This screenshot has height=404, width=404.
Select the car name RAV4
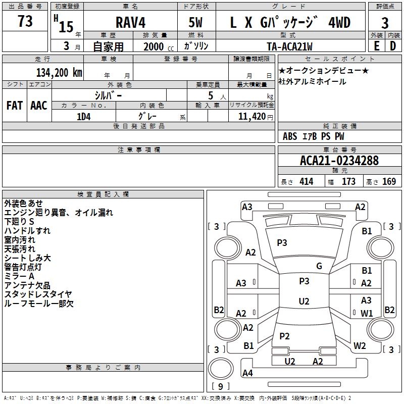coord(130,23)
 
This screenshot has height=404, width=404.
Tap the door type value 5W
coord(197,23)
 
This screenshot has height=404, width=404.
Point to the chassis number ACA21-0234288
coord(339,161)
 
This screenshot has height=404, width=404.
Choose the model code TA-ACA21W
coord(289,46)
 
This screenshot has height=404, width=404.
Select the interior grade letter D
coord(393,46)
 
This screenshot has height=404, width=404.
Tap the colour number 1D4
coord(83,116)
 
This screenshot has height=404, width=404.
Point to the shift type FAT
coord(14,106)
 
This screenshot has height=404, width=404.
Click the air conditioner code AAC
coord(39,106)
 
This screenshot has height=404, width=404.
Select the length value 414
coord(306,182)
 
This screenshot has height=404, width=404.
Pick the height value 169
coord(389,182)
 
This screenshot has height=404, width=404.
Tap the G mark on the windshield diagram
coord(319,266)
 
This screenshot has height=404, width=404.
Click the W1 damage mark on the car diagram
coord(367,313)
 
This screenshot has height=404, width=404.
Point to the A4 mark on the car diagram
coord(247,373)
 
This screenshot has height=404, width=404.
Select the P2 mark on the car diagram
coord(285,336)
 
